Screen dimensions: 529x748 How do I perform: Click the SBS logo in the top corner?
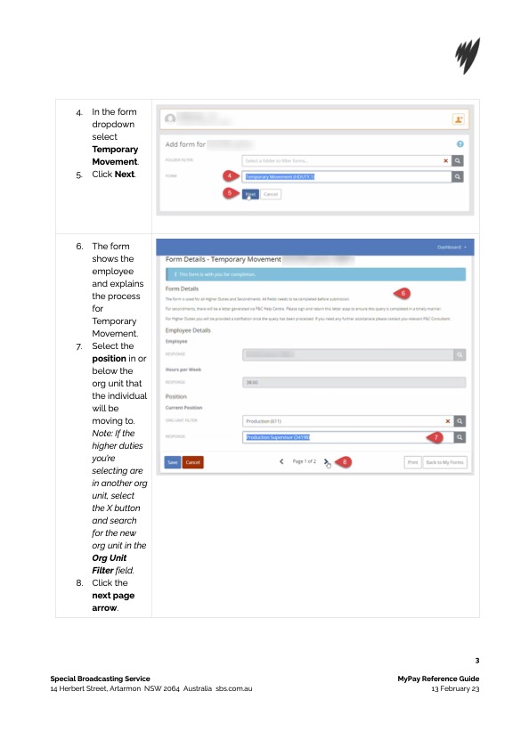467,56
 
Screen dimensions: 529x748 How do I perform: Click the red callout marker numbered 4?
229,176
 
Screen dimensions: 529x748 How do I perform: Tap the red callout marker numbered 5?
229,191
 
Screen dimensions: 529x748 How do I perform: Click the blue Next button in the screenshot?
250,193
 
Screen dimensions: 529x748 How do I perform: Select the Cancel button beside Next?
271,193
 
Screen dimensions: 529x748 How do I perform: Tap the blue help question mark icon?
460,143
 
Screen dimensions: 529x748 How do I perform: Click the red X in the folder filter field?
446,160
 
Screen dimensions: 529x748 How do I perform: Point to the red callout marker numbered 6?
403,293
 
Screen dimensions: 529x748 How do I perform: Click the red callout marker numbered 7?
436,437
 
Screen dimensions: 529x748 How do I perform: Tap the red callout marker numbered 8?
345,462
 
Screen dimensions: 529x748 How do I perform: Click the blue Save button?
173,462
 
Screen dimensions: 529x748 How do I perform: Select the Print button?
412,462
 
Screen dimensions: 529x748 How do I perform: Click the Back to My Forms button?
444,462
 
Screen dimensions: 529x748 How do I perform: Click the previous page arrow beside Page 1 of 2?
282,462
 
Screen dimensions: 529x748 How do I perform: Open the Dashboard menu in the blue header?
452,246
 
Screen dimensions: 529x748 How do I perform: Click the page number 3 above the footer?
477,661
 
